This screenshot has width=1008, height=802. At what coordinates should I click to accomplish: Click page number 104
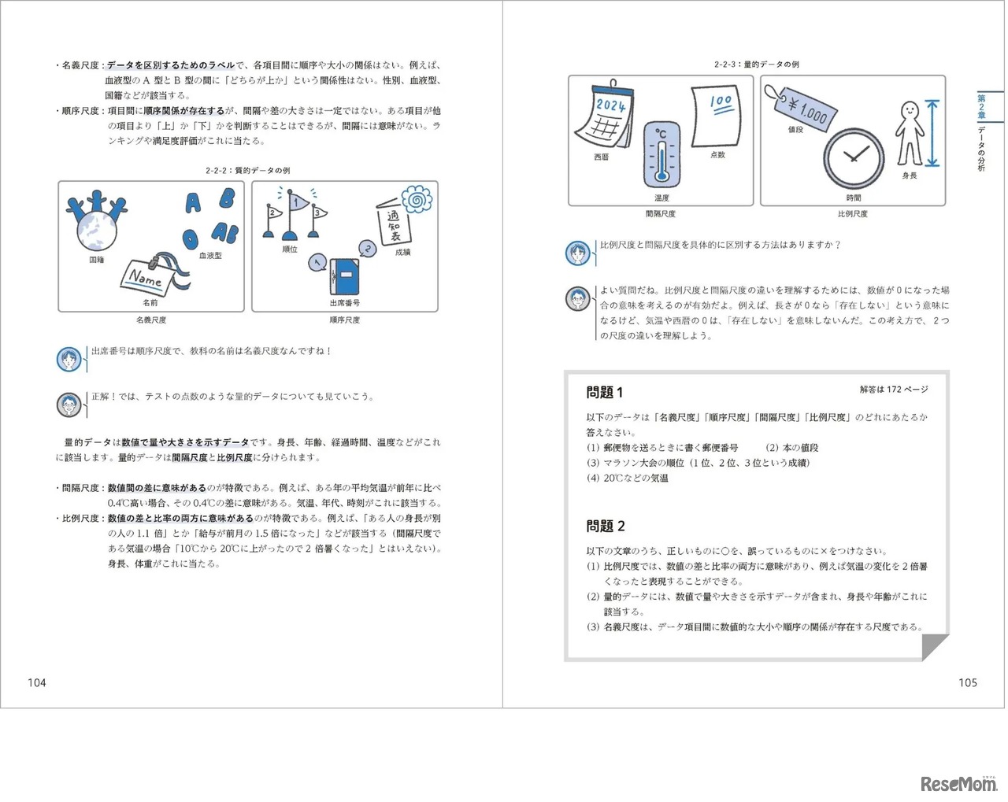37,682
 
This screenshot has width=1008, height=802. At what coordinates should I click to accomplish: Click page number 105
968,682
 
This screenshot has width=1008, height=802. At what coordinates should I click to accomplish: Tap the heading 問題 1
605,392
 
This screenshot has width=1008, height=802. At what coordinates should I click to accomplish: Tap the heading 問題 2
605,526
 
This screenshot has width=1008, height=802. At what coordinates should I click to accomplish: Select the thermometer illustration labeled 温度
661,154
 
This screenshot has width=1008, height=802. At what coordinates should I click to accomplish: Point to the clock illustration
854,157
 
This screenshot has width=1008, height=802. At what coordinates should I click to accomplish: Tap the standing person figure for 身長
909,132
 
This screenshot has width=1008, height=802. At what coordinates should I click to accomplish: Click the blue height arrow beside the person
933,134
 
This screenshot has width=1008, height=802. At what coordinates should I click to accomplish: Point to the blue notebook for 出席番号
344,276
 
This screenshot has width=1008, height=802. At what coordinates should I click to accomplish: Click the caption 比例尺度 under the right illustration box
853,214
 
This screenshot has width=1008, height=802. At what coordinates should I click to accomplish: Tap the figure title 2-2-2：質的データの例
247,170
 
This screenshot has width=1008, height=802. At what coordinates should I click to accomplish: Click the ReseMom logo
958,784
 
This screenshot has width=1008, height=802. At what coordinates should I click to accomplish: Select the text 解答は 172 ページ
894,390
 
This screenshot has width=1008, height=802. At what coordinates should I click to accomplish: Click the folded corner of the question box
935,647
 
